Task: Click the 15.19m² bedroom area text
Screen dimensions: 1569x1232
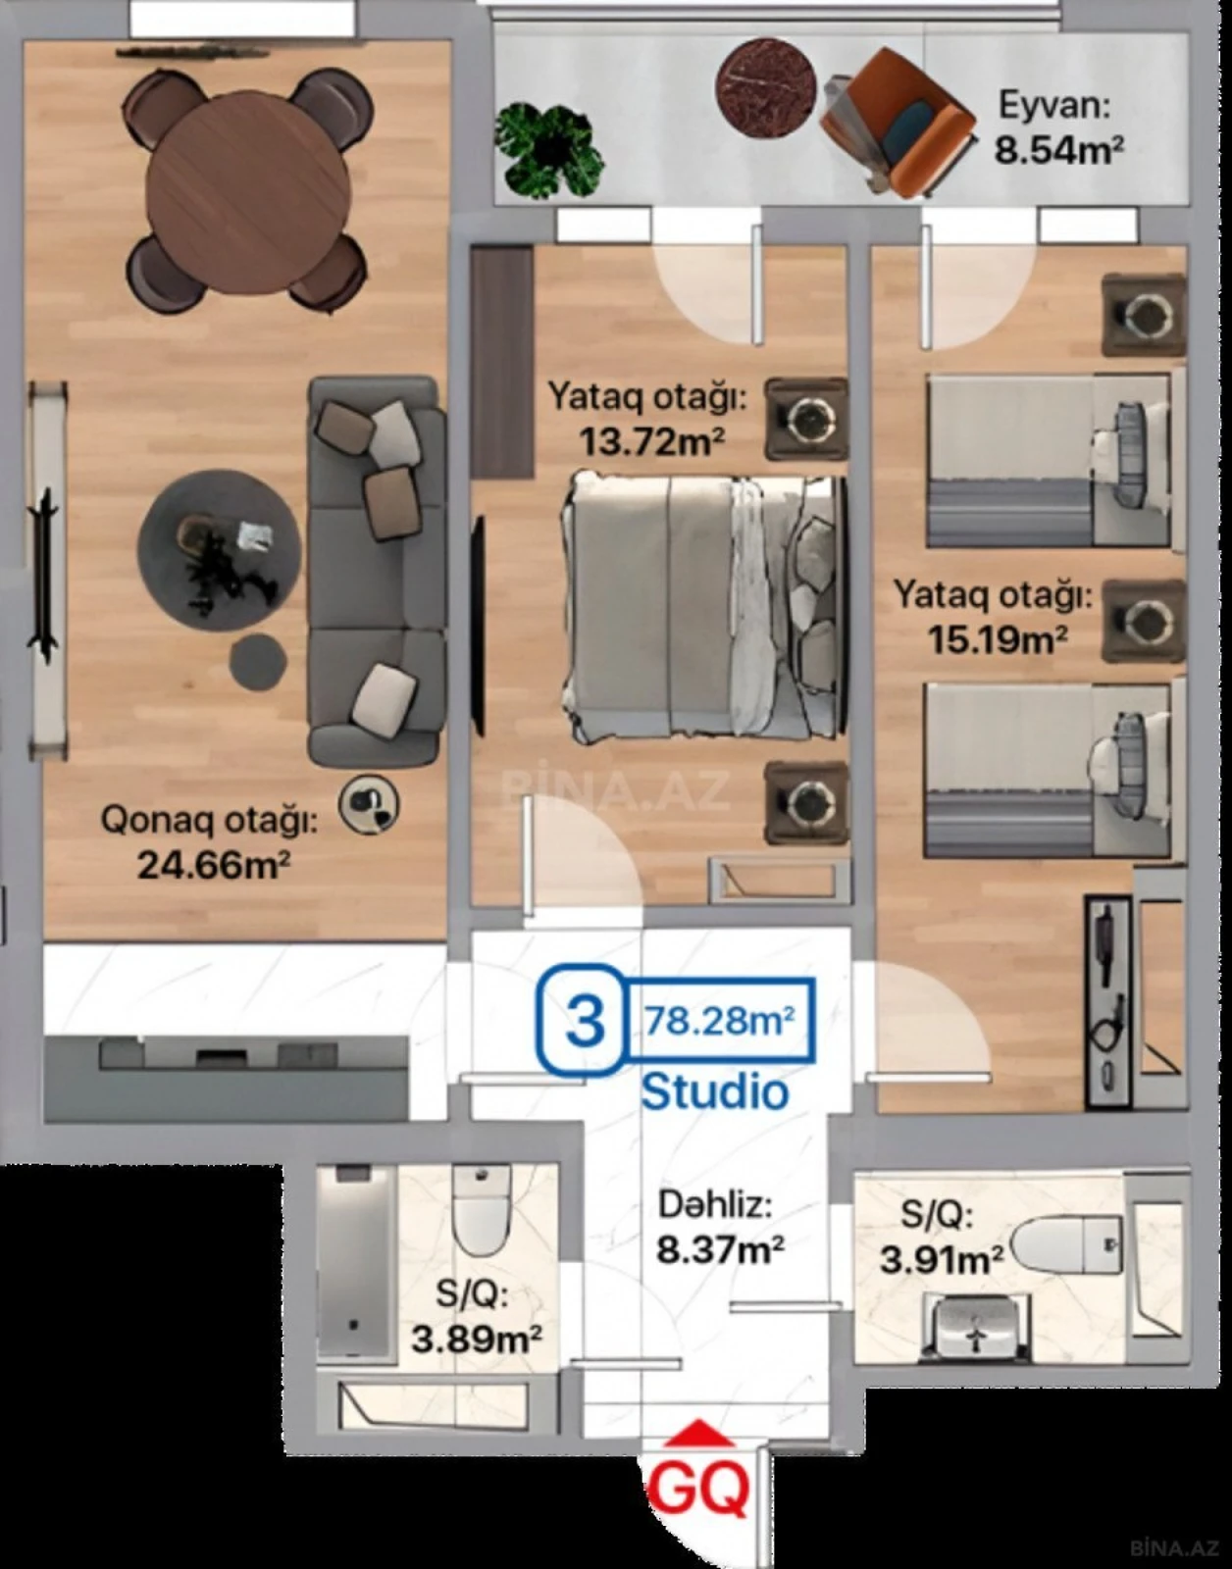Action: (998, 640)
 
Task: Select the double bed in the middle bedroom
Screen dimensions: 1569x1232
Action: (701, 606)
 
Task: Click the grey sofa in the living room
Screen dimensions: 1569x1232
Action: (377, 572)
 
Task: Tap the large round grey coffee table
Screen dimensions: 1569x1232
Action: (218, 549)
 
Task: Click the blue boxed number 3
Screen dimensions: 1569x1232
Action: (585, 1020)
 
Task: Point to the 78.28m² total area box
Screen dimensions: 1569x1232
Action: (719, 1021)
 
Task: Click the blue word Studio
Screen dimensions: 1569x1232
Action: (714, 1091)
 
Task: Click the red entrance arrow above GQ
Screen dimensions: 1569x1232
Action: (699, 1433)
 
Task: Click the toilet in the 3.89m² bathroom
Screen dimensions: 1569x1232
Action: (481, 1211)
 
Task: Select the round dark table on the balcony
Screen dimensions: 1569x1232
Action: (766, 87)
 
